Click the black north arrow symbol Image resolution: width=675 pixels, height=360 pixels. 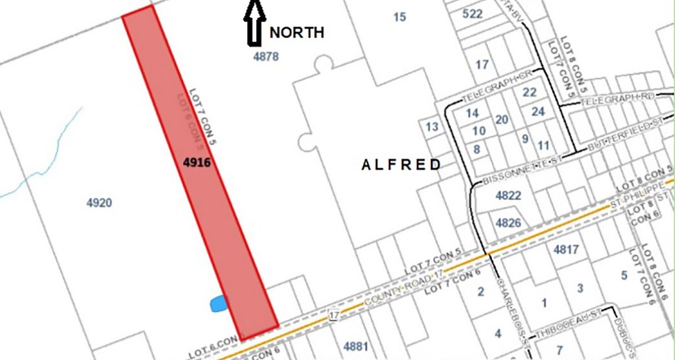[254, 22]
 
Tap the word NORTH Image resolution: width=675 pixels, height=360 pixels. [296, 33]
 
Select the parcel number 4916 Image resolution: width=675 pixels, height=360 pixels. [196, 163]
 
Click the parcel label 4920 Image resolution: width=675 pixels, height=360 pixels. [99, 203]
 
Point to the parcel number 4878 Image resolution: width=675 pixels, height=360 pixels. [266, 57]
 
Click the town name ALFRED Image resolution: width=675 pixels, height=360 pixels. [401, 165]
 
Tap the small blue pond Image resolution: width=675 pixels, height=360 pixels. [218, 304]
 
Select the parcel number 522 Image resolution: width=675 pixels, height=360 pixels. [472, 14]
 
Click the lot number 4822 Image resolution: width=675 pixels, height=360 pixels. [508, 196]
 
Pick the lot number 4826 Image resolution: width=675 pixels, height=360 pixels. [508, 223]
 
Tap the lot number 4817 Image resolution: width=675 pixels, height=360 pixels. [566, 249]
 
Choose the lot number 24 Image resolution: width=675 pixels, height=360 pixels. [538, 111]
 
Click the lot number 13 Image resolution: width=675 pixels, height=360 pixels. [432, 127]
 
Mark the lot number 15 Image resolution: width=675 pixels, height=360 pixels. [399, 17]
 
